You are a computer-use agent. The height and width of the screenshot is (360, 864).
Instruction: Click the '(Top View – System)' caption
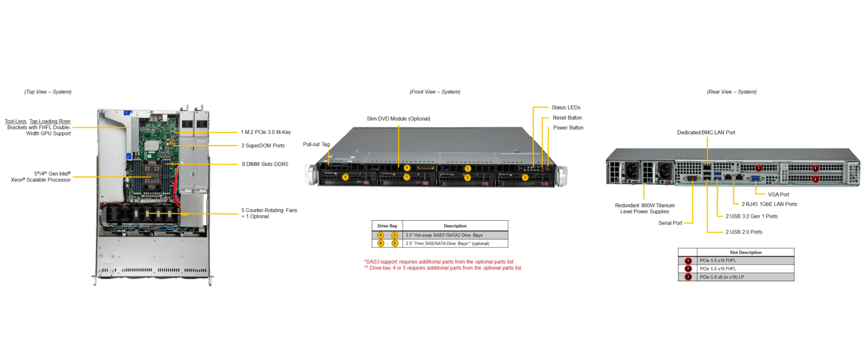coord(48,92)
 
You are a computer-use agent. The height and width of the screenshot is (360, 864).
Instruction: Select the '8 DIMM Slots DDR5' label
coord(265,164)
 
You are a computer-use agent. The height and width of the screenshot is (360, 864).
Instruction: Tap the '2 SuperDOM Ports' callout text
coord(263,146)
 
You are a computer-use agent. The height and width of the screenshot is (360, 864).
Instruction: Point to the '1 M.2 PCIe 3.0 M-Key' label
coord(266,132)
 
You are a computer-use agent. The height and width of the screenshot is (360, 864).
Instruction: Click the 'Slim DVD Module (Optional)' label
coord(398,119)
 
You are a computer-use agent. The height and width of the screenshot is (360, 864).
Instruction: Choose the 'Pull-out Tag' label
coord(316,144)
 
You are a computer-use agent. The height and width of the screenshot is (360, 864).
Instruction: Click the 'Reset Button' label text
coord(567,118)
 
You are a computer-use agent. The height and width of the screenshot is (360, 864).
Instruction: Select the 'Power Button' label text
coord(568,128)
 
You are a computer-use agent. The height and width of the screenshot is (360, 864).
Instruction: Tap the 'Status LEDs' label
coord(566,108)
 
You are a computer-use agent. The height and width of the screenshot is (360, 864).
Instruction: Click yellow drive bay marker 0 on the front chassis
coord(345,177)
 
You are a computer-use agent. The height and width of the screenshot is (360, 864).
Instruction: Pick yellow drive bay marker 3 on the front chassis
coord(525,178)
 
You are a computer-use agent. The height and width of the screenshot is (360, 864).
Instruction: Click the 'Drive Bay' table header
coord(387,226)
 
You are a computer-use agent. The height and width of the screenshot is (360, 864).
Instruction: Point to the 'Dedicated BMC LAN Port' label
coord(706,133)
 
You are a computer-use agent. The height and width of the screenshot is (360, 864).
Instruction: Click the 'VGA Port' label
coord(778,195)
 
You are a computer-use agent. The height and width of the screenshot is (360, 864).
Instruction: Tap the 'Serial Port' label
coord(670,223)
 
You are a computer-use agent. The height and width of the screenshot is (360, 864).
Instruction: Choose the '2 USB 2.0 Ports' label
coord(744,232)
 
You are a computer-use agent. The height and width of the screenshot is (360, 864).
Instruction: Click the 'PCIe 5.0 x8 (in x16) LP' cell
coord(722,277)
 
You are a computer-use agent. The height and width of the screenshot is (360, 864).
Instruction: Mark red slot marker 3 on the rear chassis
coord(759,168)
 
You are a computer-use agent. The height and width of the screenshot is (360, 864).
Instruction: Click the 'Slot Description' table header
coord(745,252)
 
